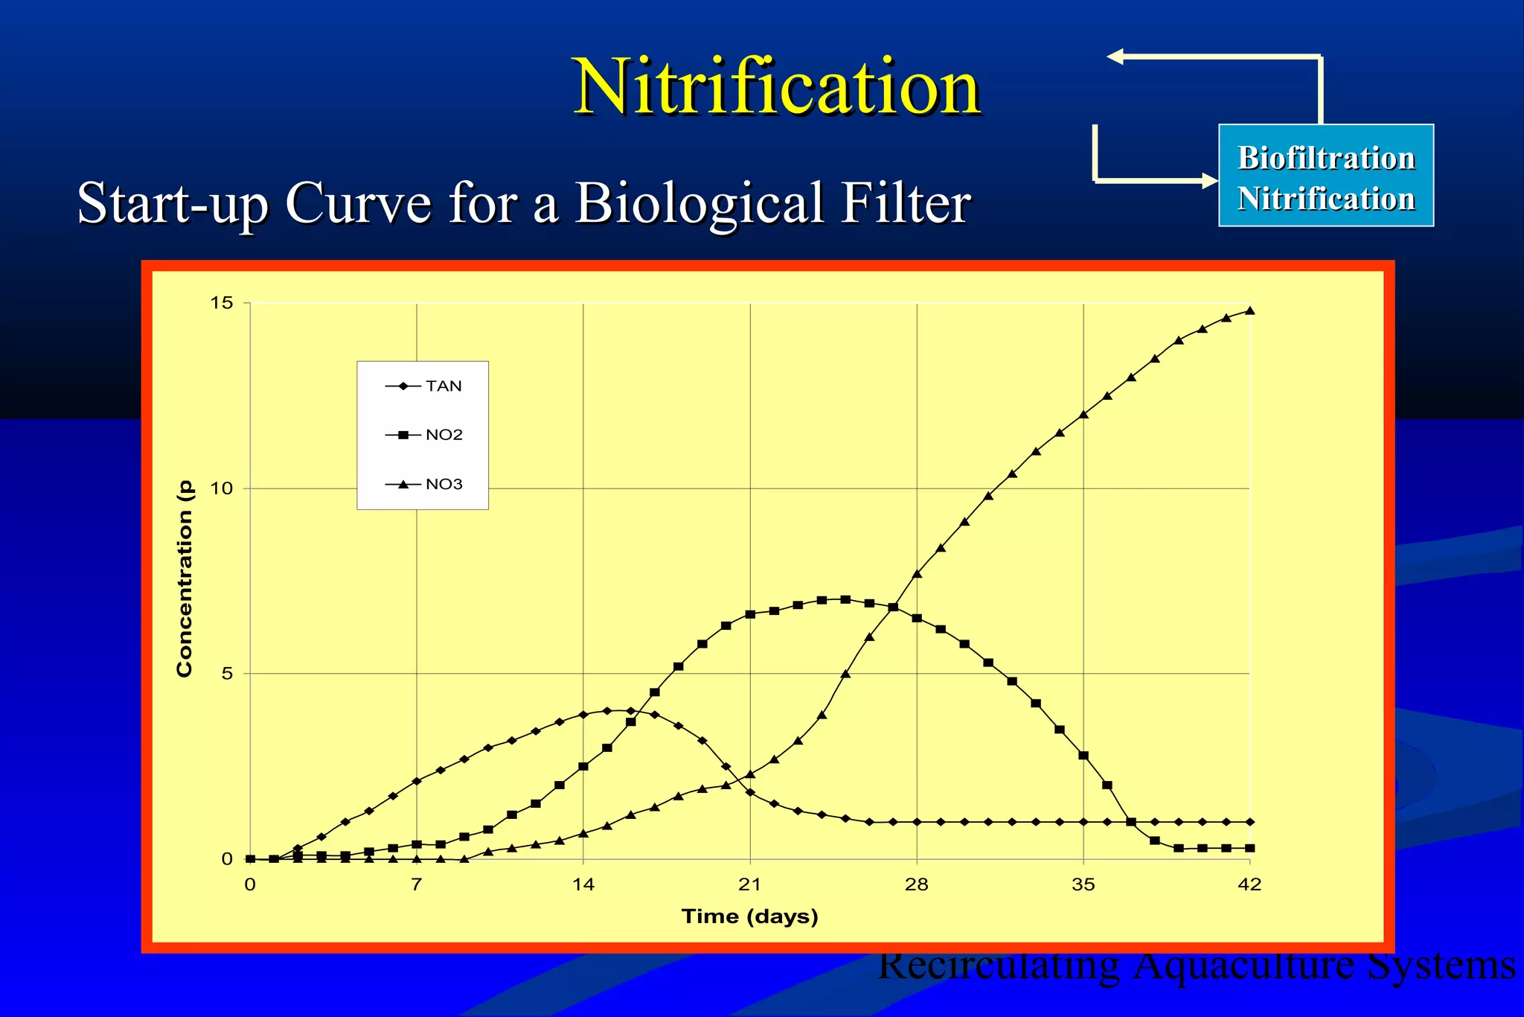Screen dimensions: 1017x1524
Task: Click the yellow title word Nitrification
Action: tap(777, 88)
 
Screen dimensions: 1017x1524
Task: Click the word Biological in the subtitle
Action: tap(699, 203)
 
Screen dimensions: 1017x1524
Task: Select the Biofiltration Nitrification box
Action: tap(1325, 176)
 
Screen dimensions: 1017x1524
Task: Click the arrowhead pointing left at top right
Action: tap(1115, 57)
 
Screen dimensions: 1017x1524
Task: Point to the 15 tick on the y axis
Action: tap(222, 303)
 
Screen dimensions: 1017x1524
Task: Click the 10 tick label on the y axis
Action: tap(222, 488)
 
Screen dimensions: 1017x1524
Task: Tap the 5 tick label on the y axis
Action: tap(227, 674)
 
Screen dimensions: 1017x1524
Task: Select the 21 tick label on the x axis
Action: tap(749, 884)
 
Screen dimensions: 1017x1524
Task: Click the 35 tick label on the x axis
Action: tap(1083, 884)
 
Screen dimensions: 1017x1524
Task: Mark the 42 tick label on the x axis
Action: tap(1249, 884)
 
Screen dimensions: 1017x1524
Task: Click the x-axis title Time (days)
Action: tap(749, 916)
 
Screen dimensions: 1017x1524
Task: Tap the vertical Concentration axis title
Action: tap(185, 579)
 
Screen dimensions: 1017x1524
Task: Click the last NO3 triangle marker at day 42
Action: tap(1250, 310)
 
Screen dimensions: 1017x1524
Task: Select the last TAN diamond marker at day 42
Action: tap(1250, 822)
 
